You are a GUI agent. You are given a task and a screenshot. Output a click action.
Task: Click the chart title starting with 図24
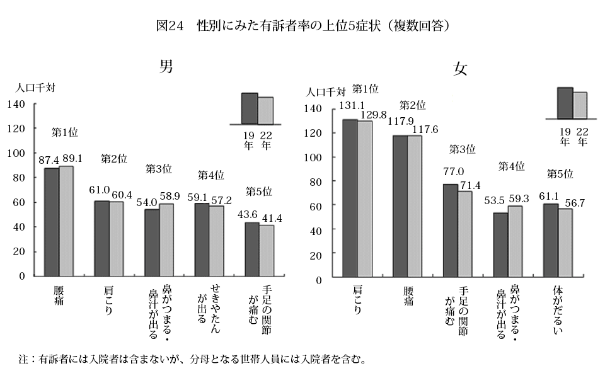tap(302, 26)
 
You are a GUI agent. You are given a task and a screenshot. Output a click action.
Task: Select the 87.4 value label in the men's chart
tap(49, 161)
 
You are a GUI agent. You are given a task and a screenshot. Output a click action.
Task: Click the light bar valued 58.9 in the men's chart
tap(166, 239)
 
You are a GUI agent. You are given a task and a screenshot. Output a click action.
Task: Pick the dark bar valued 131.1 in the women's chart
tap(350, 198)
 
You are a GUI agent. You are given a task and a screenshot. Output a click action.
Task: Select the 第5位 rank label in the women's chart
tap(558, 173)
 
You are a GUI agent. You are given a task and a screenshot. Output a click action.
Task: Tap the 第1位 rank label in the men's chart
tap(64, 132)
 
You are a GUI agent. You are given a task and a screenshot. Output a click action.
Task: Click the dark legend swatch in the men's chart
tap(250, 108)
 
